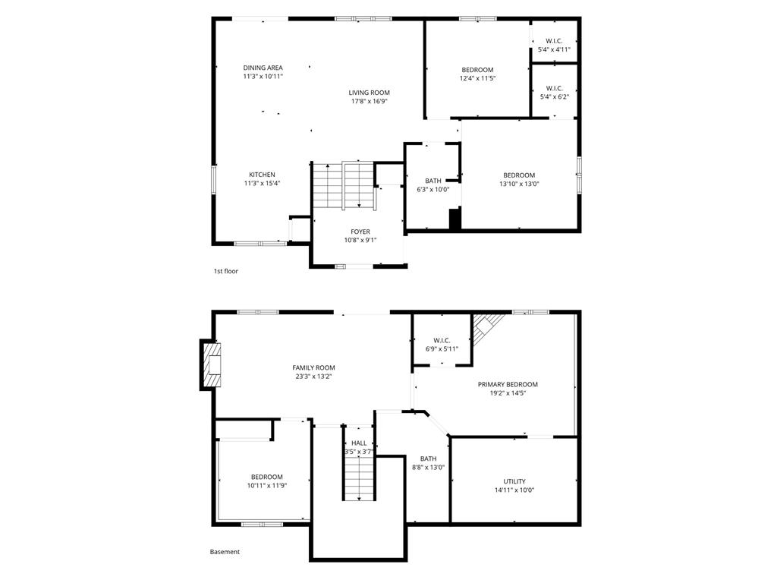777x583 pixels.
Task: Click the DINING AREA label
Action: pos(263,68)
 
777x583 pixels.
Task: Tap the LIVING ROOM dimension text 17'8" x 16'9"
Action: pos(370,102)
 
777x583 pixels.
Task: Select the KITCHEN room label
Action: pos(262,175)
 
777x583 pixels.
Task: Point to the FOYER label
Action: pos(360,232)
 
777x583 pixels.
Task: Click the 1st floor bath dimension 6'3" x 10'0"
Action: pos(433,189)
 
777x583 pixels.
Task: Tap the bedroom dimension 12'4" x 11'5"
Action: pos(478,78)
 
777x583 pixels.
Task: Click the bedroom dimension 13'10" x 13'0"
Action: pos(519,184)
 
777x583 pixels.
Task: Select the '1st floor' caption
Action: pos(226,271)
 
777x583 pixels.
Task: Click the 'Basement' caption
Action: pos(225,552)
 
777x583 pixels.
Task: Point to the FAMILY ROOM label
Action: pos(313,368)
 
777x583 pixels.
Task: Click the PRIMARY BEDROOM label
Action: pos(508,384)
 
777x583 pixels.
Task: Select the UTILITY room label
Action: pos(515,481)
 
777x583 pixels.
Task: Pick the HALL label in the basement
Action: pos(359,443)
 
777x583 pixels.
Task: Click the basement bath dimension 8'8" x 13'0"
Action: pos(429,467)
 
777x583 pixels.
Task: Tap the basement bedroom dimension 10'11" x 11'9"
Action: pos(267,486)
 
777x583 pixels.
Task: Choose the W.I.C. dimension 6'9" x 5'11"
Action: pos(442,349)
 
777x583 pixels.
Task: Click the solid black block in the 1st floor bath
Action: pos(455,219)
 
